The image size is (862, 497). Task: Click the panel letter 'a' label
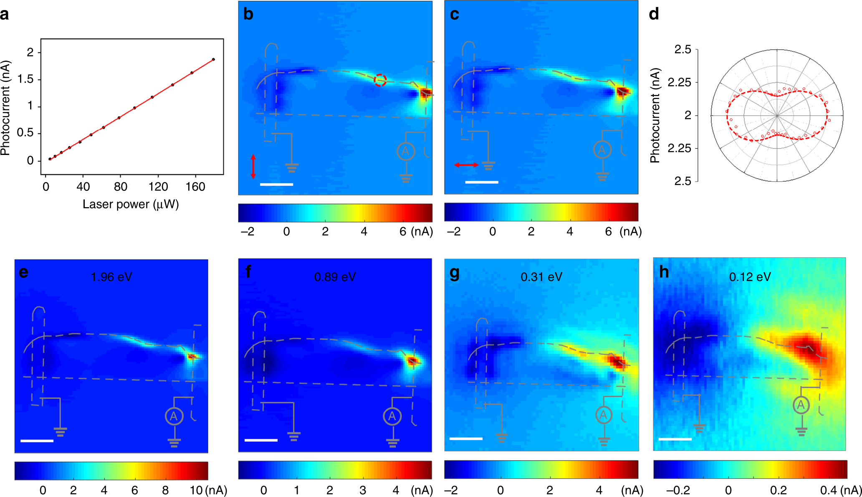click(x=5, y=15)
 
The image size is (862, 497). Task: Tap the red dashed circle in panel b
click(x=380, y=80)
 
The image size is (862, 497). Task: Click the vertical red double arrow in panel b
click(x=253, y=167)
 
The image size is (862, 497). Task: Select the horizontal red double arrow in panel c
click(x=466, y=165)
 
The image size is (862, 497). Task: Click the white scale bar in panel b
click(x=276, y=184)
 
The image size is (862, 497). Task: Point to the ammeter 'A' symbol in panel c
click(x=602, y=150)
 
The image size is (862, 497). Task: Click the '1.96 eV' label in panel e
click(x=111, y=277)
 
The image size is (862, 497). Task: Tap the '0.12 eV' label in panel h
click(x=750, y=277)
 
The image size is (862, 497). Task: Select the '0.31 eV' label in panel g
click(x=541, y=277)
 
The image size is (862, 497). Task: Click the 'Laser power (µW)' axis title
click(x=131, y=204)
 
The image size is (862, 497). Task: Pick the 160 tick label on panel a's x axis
click(x=195, y=187)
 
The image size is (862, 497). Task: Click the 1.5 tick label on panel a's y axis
click(x=25, y=79)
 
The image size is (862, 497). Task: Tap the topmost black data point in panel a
click(x=213, y=59)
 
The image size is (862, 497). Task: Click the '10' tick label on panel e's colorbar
click(x=196, y=490)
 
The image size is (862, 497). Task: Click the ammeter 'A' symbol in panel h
click(x=801, y=405)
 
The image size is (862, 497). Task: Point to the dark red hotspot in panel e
click(x=192, y=357)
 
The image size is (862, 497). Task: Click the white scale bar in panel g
click(x=466, y=439)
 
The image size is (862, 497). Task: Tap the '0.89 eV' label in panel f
click(x=335, y=277)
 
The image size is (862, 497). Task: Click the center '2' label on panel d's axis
click(x=688, y=115)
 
